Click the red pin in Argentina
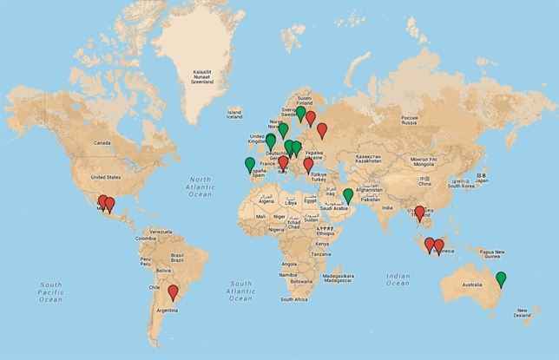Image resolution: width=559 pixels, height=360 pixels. click(x=173, y=291)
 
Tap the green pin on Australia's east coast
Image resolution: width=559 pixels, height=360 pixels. click(x=501, y=278)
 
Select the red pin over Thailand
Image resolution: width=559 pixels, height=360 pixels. click(x=420, y=212)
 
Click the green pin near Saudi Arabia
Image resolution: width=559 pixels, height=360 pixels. click(x=348, y=195)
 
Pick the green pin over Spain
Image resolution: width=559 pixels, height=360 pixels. click(x=250, y=163)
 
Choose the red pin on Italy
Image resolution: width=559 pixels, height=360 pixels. click(x=283, y=162)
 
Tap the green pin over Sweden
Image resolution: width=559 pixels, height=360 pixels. click(x=300, y=113)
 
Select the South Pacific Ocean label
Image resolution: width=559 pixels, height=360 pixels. click(x=51, y=291)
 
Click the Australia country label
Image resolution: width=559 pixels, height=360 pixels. click(x=471, y=284)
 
